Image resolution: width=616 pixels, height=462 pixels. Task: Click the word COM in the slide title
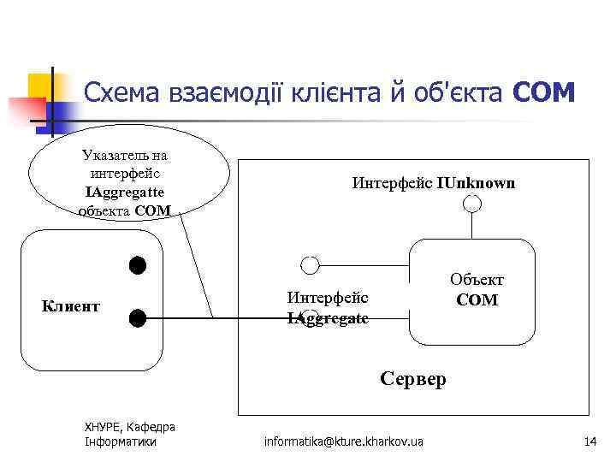coord(543,92)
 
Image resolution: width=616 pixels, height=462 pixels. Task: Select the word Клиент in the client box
coord(71,305)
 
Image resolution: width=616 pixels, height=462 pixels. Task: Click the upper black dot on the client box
coord(138,264)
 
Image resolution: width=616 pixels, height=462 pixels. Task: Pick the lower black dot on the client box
coord(138,318)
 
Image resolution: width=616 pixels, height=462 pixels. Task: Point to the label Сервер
coord(413,378)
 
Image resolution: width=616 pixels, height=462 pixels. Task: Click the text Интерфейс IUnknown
coord(434,182)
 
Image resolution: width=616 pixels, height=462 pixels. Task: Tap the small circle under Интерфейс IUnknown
coord(472,204)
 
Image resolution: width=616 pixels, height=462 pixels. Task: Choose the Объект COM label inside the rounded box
coord(477,290)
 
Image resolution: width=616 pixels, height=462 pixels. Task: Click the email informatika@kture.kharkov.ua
coord(343,441)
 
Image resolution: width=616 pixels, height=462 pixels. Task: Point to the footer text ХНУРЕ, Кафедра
coord(129,427)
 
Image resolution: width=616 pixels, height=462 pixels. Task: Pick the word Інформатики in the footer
coord(121,441)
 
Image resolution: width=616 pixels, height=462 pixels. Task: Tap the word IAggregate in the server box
coord(328,317)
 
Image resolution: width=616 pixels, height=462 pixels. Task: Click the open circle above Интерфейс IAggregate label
coord(311,264)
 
